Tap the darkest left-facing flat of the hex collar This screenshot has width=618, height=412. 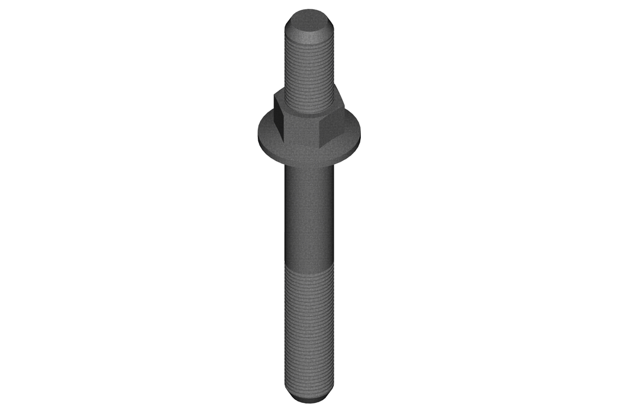pos(279,118)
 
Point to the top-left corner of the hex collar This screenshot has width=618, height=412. pos(275,92)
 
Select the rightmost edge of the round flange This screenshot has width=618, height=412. pos(363,138)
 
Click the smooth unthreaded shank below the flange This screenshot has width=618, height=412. pos(309,217)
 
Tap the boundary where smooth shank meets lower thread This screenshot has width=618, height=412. pos(309,272)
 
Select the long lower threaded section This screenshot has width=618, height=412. pos(309,332)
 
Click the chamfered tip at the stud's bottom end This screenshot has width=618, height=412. pos(309,399)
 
